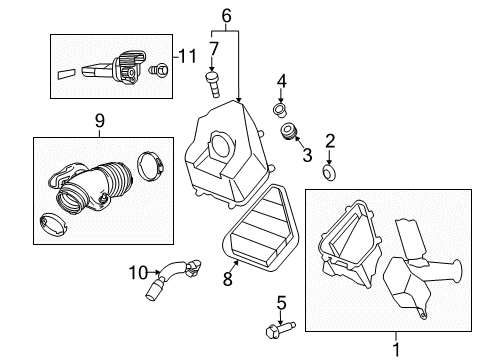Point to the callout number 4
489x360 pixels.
pos(282,80)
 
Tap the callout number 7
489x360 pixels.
pos(213,48)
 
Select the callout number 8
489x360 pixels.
pos(228,281)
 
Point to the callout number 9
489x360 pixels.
pos(99,121)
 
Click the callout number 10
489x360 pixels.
pos(137,270)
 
